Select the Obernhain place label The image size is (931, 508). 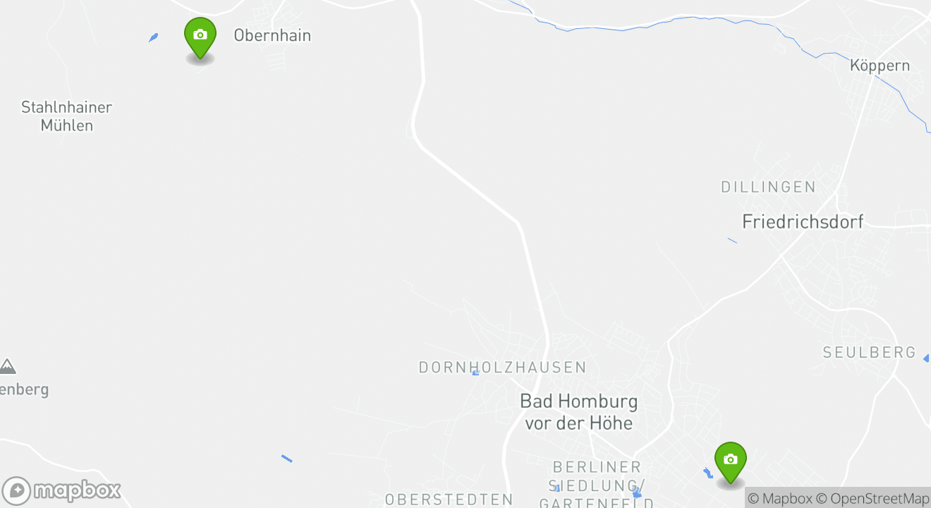click(272, 35)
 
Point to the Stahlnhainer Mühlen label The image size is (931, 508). click(66, 116)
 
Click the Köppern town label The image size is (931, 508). click(880, 66)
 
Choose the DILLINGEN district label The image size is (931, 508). click(768, 187)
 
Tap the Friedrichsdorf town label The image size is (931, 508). click(803, 222)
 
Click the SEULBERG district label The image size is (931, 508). click(869, 352)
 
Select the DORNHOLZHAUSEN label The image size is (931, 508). click(502, 368)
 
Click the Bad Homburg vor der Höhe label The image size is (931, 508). click(578, 412)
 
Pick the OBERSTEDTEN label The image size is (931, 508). click(449, 500)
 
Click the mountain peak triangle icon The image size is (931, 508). click(8, 366)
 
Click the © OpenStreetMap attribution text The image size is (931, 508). click(880, 498)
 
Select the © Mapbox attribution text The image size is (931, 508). click(779, 498)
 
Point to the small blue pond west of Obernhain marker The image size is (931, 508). click(153, 37)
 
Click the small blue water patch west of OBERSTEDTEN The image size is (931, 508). click(286, 459)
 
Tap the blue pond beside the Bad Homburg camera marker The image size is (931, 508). click(708, 472)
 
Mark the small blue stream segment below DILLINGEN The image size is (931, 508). click(732, 241)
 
